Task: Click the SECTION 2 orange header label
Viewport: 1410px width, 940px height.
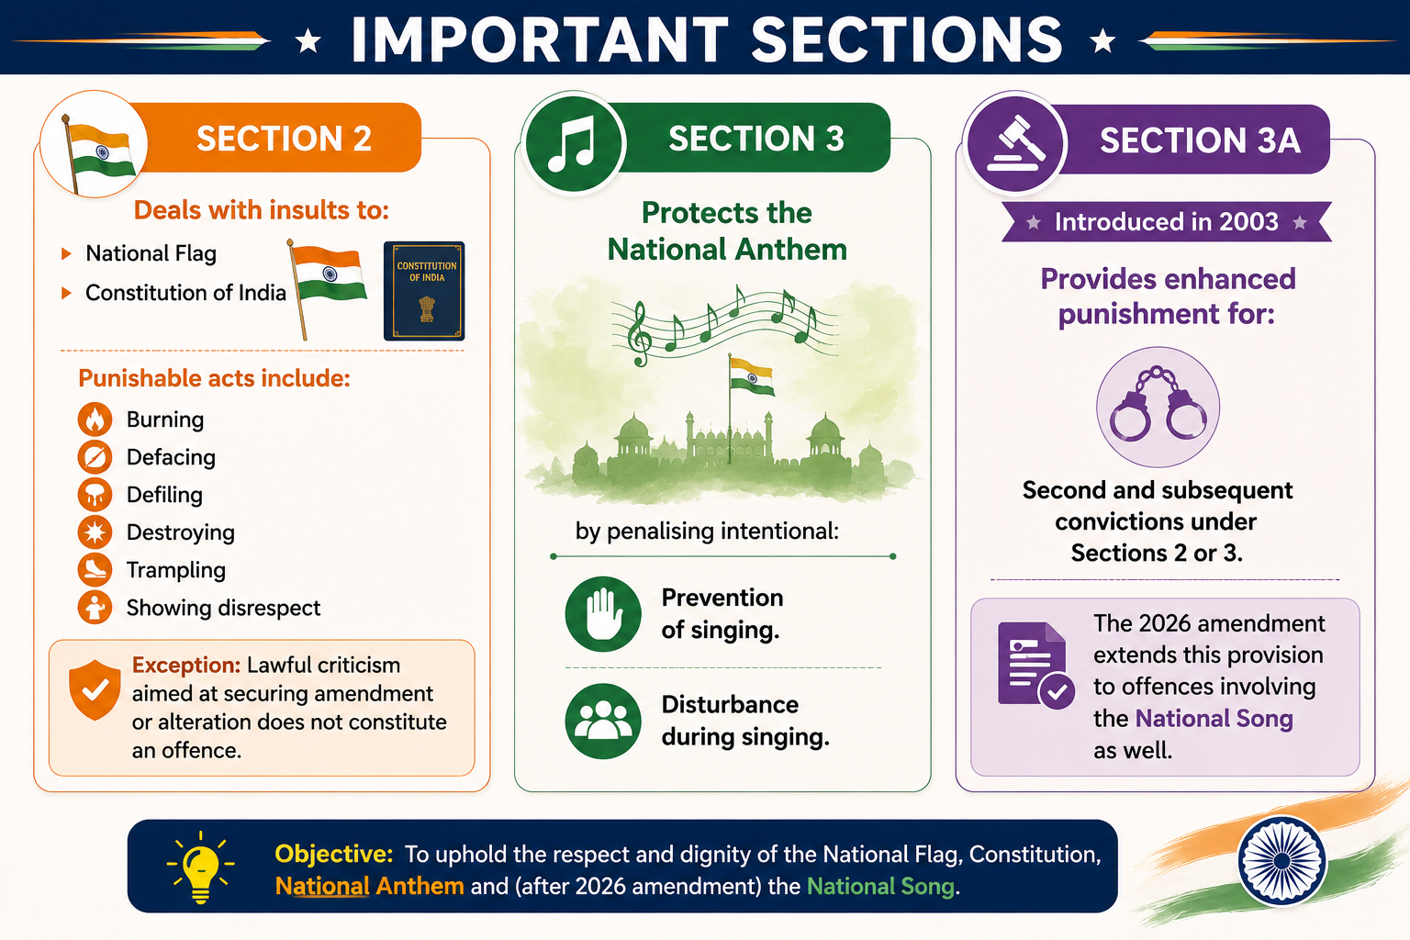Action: (284, 139)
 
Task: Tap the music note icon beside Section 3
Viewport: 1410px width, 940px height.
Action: (573, 143)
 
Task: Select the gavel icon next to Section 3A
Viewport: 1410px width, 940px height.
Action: (1015, 144)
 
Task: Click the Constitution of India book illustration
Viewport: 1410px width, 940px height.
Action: (424, 291)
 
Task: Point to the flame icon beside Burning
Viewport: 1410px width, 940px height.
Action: (95, 420)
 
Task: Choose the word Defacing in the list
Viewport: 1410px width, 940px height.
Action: (171, 457)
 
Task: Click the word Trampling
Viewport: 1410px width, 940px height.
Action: (175, 570)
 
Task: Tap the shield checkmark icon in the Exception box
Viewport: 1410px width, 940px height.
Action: (95, 690)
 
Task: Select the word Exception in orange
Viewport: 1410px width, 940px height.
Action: (186, 665)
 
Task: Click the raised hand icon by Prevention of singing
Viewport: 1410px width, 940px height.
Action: (603, 614)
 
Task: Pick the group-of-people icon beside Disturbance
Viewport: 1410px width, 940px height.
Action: (603, 721)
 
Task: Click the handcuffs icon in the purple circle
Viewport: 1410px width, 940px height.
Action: (1158, 407)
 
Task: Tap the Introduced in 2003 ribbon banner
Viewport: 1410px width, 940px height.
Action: (1167, 221)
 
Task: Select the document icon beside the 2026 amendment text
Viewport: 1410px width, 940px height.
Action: (1035, 665)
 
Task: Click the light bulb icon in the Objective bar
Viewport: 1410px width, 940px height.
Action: (200, 867)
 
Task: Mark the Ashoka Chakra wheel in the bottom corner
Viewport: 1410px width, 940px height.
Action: (1282, 861)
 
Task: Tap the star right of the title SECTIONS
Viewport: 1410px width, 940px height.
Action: (1102, 41)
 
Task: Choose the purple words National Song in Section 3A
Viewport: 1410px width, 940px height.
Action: (1214, 719)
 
